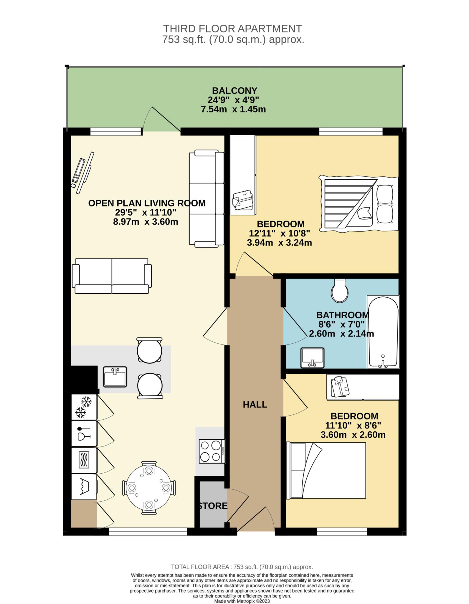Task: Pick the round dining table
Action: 149,488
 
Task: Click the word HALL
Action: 255,405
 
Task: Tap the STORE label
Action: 212,506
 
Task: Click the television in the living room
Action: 82,173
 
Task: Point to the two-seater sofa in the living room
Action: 112,276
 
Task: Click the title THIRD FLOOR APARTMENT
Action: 232,29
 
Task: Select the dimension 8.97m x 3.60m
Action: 146,222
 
